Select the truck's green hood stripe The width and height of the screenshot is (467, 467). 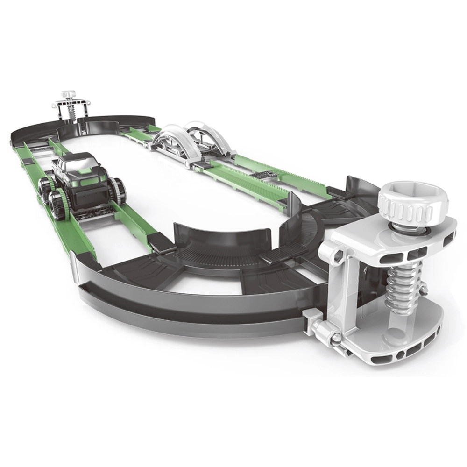[x=86, y=174]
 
